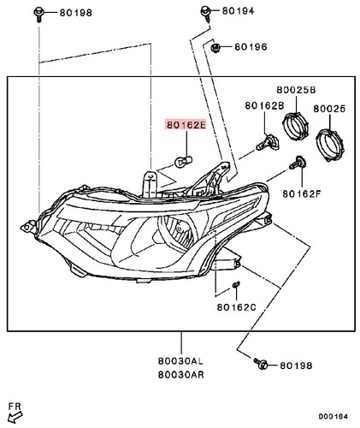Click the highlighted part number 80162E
click(185, 124)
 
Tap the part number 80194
click(239, 11)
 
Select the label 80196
click(251, 46)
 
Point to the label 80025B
click(296, 90)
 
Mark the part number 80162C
click(236, 306)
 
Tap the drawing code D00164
click(332, 417)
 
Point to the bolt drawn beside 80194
click(207, 12)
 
